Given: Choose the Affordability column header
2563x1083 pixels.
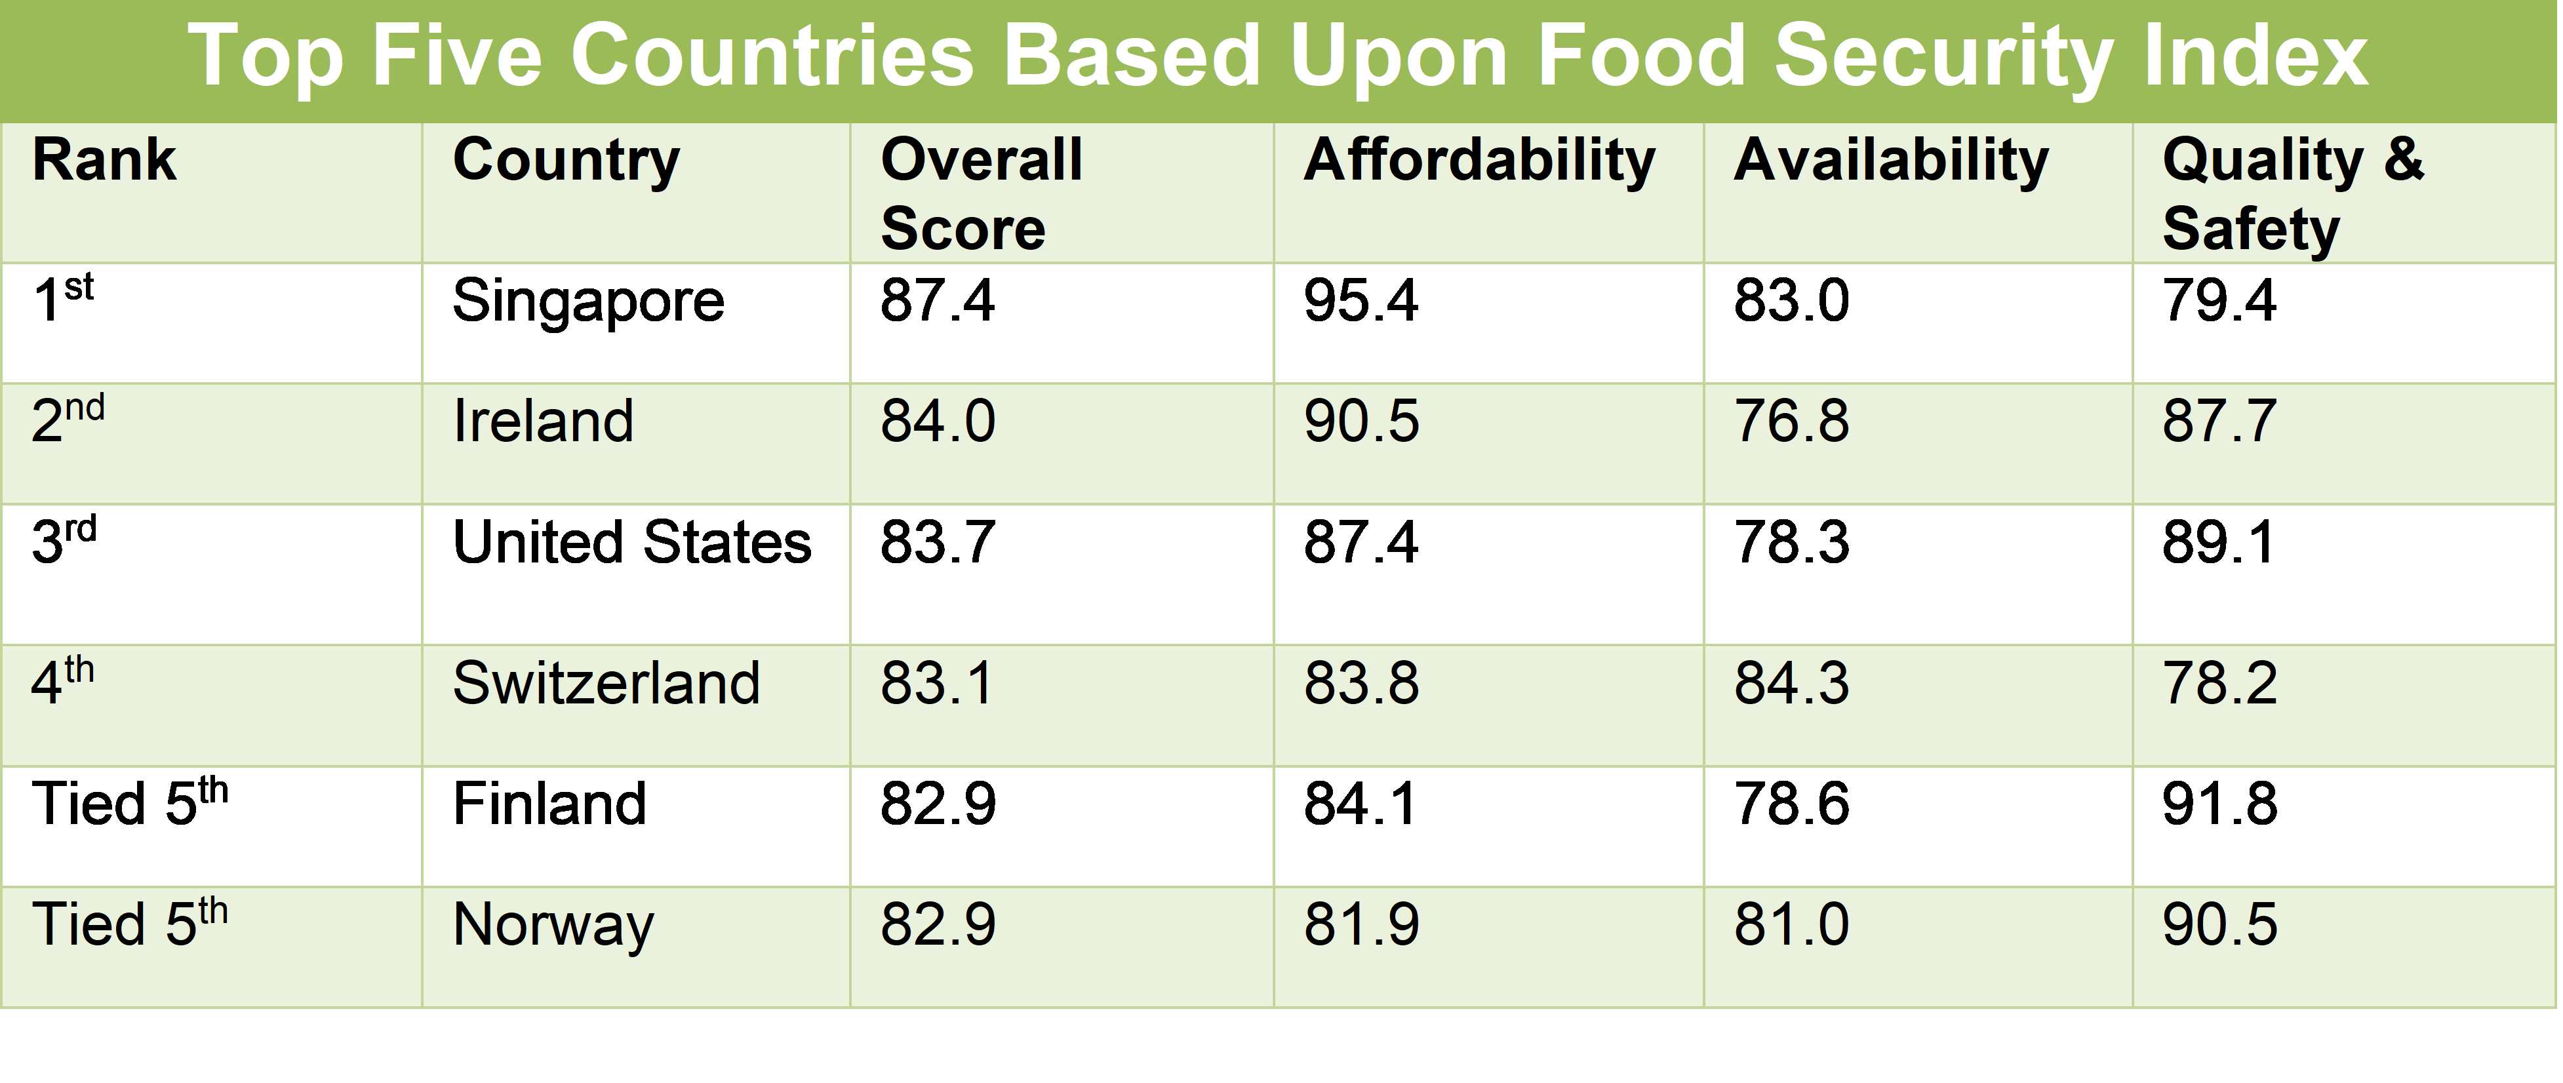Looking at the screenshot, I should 1479,161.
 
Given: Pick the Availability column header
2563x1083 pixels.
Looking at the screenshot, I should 1890,161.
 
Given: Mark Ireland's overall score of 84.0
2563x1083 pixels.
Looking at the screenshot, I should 937,421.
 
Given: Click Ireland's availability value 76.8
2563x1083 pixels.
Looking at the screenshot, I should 1791,421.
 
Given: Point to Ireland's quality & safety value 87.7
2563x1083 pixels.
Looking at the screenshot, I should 2219,421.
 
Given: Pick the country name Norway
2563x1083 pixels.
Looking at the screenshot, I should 553,926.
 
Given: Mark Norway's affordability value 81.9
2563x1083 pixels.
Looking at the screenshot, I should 1361,925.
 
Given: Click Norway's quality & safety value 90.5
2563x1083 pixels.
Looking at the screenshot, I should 2219,925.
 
